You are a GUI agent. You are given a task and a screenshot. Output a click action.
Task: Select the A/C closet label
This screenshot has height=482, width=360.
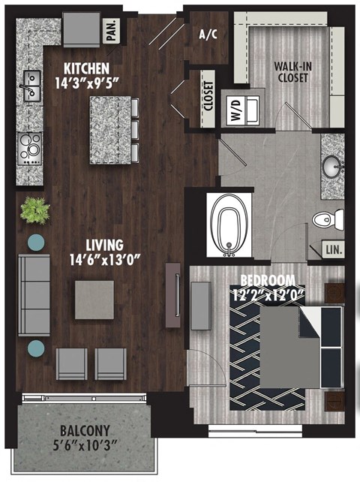coord(207,34)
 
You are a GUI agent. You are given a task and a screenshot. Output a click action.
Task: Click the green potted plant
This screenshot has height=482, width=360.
coord(34,209)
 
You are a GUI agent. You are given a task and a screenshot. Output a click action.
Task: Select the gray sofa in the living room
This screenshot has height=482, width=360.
coord(31,295)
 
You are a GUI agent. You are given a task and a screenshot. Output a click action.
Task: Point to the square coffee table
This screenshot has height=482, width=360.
coord(94,300)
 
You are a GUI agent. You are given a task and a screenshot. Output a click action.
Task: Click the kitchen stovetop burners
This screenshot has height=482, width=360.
coord(30,147)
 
